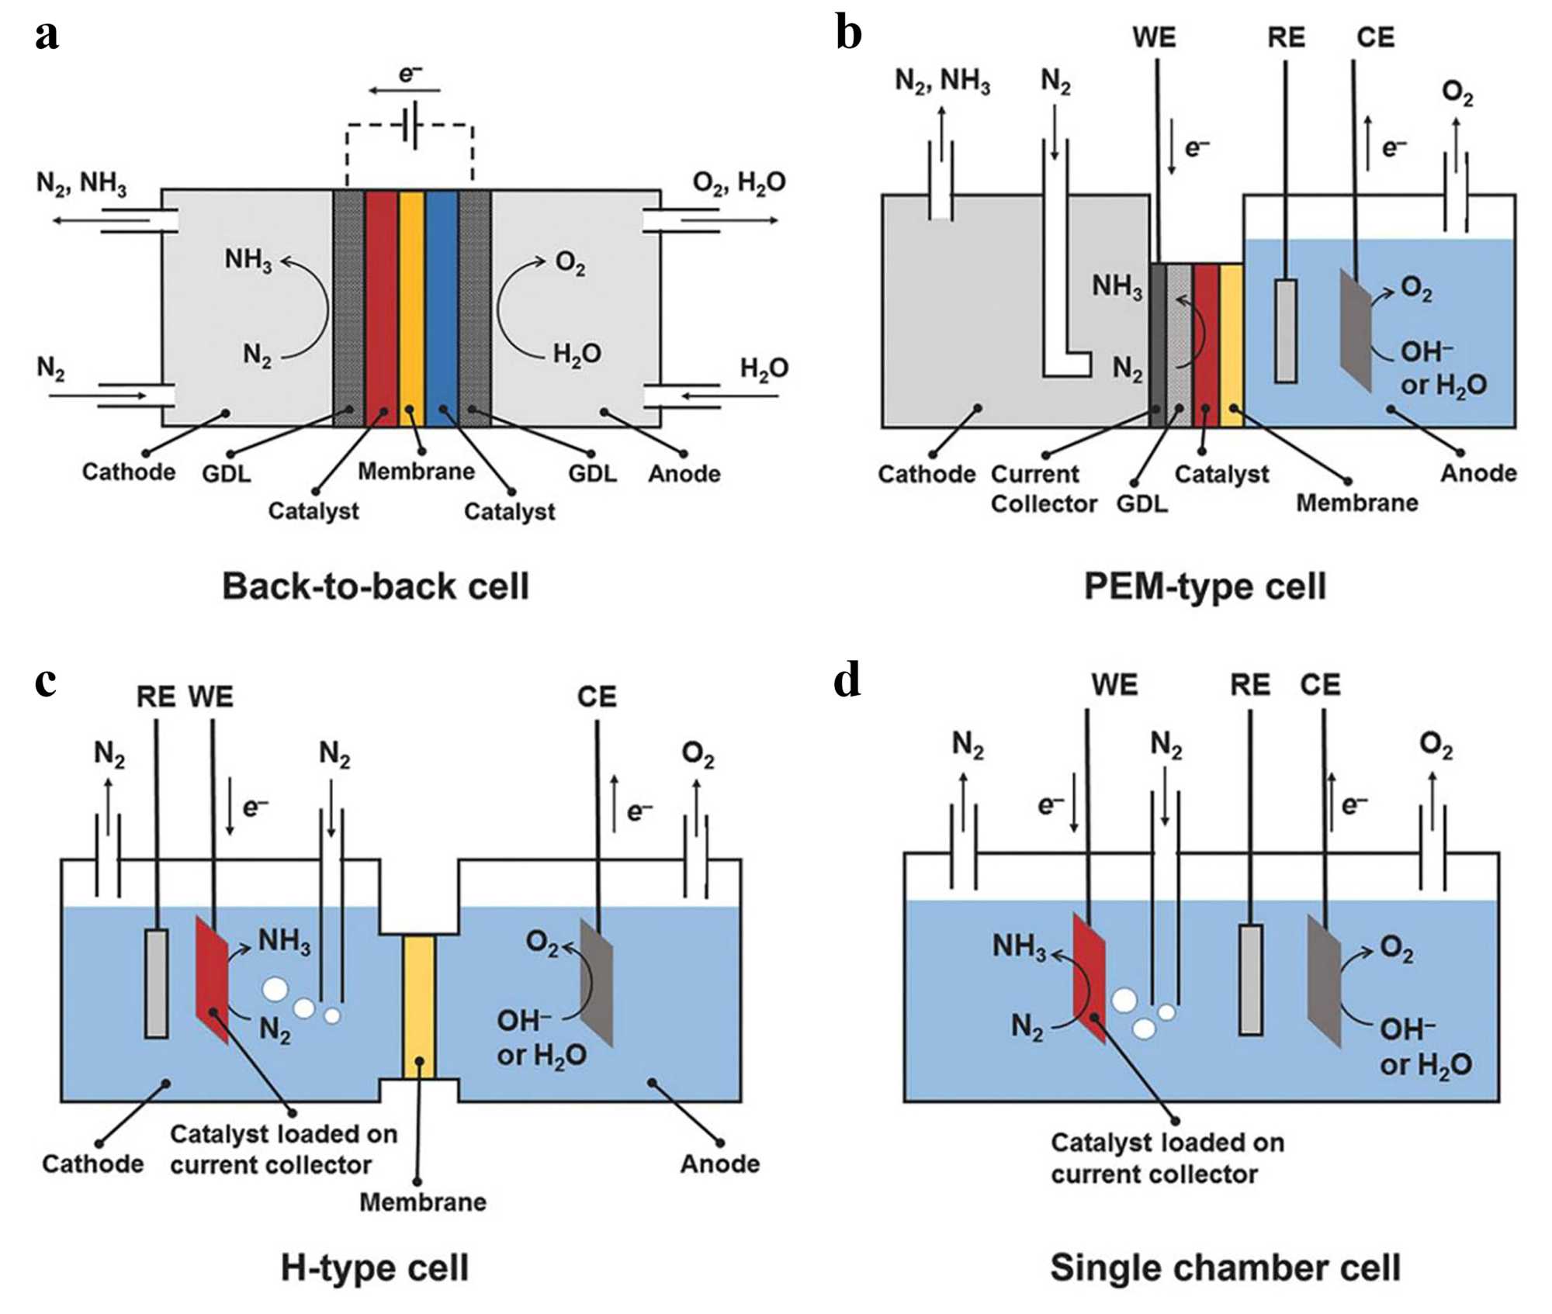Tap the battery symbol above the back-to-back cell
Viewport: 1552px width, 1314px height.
(411, 124)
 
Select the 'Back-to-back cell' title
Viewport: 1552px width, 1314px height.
(376, 586)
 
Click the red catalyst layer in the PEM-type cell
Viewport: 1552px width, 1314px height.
(1206, 345)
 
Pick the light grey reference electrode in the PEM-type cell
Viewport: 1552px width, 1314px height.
(1285, 331)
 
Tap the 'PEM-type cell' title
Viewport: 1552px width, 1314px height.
(1204, 586)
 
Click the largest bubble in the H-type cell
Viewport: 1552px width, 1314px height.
(275, 989)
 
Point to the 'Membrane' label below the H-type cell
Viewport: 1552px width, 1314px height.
(423, 1202)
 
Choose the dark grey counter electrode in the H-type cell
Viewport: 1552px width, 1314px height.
(597, 981)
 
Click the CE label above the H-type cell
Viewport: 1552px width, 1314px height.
(597, 696)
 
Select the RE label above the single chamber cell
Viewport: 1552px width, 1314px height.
(1250, 684)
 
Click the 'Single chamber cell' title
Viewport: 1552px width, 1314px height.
(1225, 1267)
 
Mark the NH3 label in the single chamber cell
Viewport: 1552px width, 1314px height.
(1019, 946)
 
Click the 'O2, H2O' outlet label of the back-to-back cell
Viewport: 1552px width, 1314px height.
(739, 183)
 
